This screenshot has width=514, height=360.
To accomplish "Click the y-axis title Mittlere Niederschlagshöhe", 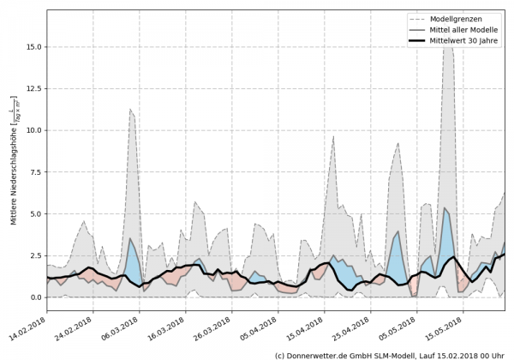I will point(15,171).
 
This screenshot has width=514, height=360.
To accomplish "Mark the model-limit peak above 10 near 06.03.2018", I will point(129,110).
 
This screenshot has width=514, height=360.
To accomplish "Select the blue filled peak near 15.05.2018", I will point(445,231).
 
